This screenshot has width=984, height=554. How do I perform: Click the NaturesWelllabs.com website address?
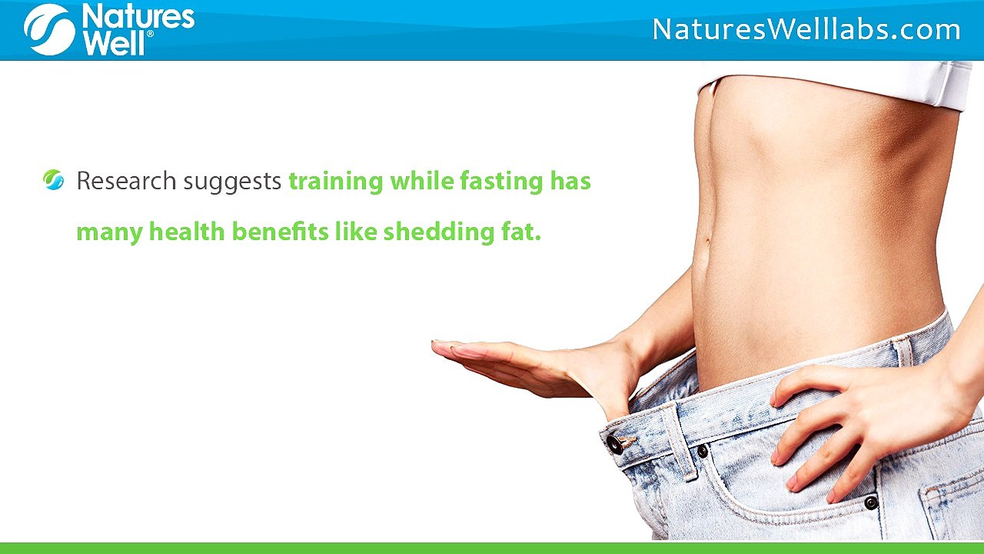click(806, 30)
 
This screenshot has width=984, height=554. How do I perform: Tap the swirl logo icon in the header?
click(48, 30)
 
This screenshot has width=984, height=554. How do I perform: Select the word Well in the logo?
click(113, 43)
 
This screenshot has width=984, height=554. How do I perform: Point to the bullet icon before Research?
click(54, 181)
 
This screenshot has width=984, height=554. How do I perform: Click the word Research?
click(126, 182)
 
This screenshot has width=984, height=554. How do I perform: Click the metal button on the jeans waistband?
click(614, 444)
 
